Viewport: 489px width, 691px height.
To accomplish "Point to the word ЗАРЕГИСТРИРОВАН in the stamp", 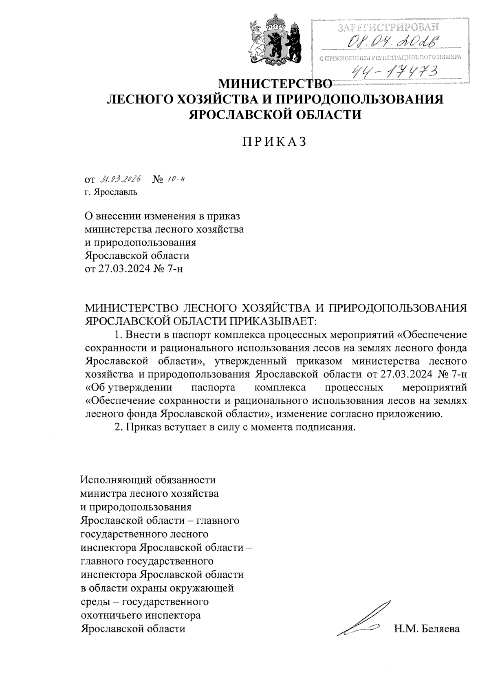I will pyautogui.click(x=390, y=28).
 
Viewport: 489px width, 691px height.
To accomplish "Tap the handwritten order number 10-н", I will pyautogui.click(x=176, y=179).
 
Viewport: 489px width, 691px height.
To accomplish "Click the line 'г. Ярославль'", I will pyautogui.click(x=111, y=192).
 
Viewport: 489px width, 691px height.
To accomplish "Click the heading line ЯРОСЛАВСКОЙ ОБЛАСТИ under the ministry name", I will pyautogui.click(x=275, y=114).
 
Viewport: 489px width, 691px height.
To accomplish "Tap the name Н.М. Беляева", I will pyautogui.click(x=427, y=628).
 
